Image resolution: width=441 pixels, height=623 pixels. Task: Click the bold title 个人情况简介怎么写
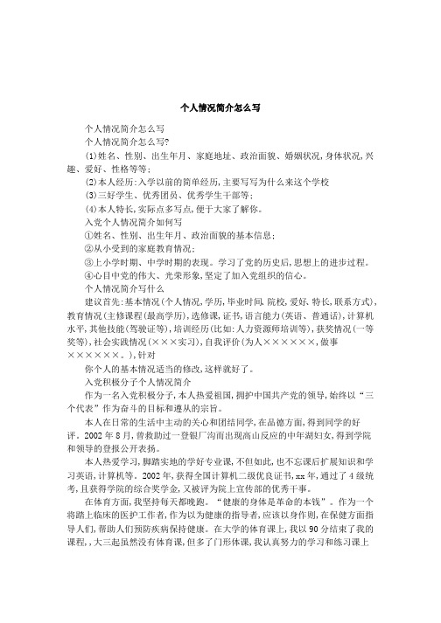point(220,107)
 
